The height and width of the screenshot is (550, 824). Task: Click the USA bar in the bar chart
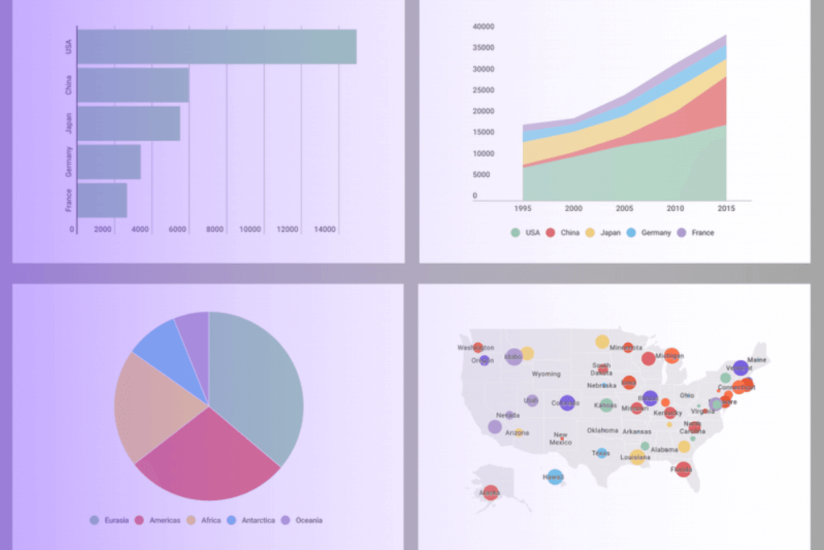(216, 47)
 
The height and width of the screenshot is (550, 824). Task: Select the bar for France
(102, 201)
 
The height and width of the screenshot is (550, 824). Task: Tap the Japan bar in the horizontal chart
(129, 123)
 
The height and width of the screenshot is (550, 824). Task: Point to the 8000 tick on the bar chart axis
(214, 230)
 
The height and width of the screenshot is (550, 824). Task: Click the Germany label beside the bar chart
(69, 162)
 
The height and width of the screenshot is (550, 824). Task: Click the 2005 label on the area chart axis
(624, 209)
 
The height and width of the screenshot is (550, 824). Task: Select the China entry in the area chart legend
(565, 233)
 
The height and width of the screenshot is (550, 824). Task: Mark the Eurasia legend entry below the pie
(109, 520)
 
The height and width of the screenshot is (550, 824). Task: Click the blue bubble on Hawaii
(554, 477)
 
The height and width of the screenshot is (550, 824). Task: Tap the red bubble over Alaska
(490, 492)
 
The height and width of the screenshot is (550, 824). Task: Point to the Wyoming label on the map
(546, 374)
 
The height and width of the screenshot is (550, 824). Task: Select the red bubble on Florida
(682, 469)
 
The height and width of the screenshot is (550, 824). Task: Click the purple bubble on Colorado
(567, 403)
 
